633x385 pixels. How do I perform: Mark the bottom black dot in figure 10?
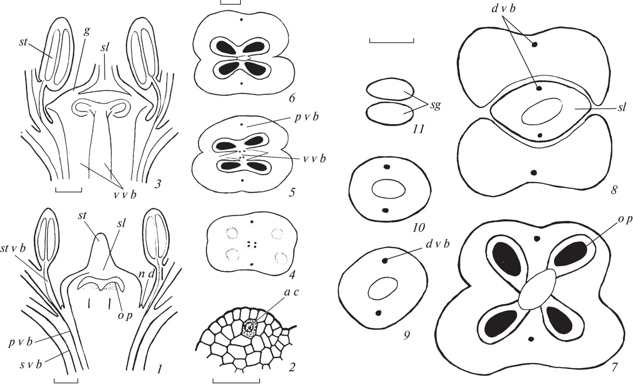pos(386,211)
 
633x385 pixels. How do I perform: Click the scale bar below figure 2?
pos(236,380)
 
